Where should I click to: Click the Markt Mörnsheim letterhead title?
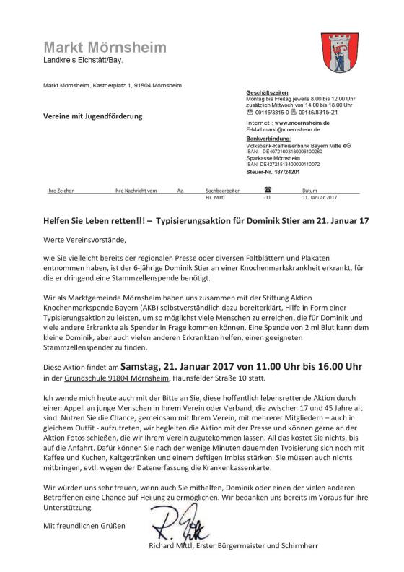point(104,48)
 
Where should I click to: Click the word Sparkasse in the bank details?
point(260,157)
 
